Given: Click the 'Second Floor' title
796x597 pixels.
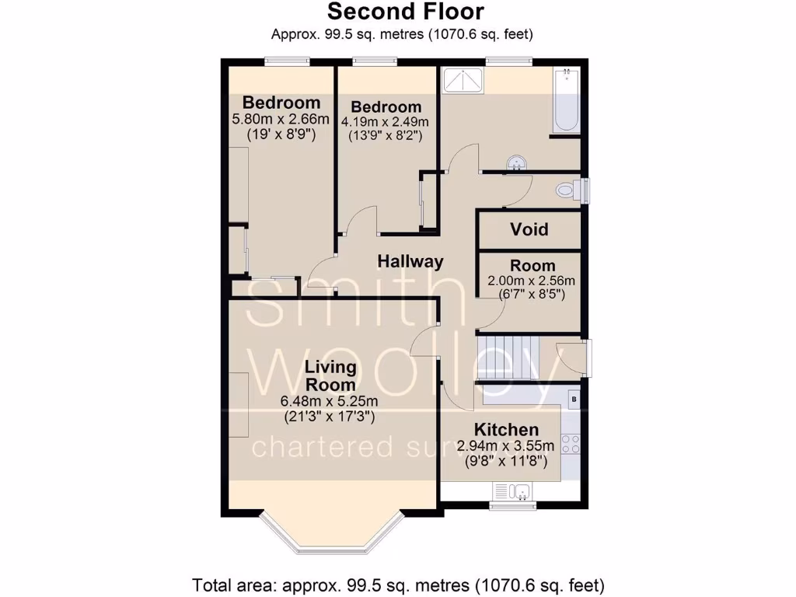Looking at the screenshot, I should (405, 12).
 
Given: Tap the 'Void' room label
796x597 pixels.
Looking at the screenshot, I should (529, 229).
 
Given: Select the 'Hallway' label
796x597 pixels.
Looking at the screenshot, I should (410, 262).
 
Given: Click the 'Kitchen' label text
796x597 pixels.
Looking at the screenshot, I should (506, 430).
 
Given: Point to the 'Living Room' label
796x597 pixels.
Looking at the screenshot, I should (330, 375).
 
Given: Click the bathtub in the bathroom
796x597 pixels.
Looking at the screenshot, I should (567, 99).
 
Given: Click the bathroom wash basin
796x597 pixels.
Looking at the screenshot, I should (515, 162).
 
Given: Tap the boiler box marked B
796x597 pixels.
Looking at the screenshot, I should (574, 400).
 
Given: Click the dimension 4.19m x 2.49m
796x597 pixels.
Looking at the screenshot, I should (386, 122).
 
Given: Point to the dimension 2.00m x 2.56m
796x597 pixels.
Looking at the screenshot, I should (525, 281).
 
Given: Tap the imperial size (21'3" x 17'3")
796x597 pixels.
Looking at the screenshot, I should (330, 417).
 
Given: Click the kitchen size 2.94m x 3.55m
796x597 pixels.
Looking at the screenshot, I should (506, 446).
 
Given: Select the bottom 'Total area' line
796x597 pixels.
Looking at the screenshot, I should (398, 584).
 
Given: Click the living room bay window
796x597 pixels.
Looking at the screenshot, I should (330, 536).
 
